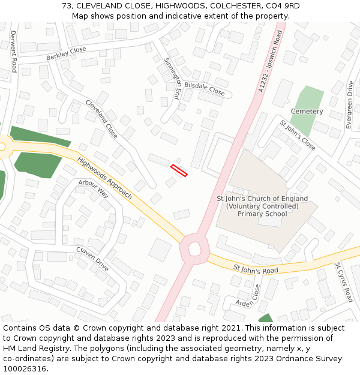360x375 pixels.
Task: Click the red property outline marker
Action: click(x=179, y=170)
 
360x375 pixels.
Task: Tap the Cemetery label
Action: click(x=307, y=112)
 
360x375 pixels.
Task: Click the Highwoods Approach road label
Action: click(x=104, y=178)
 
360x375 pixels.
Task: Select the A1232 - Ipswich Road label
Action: click(x=269, y=62)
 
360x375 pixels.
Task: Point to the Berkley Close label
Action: click(x=66, y=53)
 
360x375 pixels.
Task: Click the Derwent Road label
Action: click(x=13, y=52)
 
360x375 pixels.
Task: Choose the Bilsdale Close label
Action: click(x=204, y=89)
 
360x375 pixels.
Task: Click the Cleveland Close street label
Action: click(x=101, y=119)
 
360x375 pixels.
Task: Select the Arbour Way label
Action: click(x=93, y=188)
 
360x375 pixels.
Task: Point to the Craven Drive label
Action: click(x=92, y=259)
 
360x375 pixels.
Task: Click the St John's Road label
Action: click(x=256, y=270)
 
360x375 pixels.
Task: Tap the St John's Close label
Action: click(x=298, y=135)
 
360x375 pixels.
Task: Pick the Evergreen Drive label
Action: click(x=350, y=105)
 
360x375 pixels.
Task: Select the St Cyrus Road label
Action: click(x=344, y=281)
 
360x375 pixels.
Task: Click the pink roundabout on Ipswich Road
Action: click(x=194, y=248)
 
